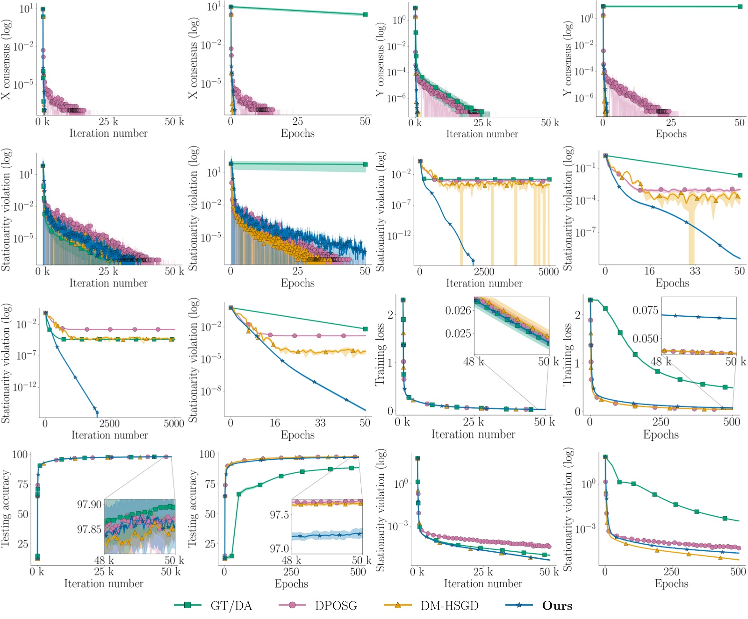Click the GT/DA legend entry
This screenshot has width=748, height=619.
click(230, 605)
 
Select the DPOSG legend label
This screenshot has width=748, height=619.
click(336, 605)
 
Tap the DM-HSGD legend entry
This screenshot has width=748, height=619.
click(449, 605)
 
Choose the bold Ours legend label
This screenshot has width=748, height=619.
click(557, 605)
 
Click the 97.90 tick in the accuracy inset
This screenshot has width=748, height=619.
click(89, 505)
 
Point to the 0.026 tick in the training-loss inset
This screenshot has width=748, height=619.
click(458, 311)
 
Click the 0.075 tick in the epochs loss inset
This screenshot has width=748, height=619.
click(645, 311)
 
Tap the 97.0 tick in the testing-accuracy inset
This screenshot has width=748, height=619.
click(279, 548)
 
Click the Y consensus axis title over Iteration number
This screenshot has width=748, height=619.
click(381, 59)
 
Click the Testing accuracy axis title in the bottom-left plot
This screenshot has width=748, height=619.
click(6, 508)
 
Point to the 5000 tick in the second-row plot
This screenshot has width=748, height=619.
click(548, 271)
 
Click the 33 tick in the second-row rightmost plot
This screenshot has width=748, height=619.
click(695, 271)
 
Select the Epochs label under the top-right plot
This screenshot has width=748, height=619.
click(671, 134)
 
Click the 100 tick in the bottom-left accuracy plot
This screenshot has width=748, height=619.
click(20, 455)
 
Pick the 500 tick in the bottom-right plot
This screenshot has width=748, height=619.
click(738, 571)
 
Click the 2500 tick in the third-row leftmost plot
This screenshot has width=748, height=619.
click(109, 424)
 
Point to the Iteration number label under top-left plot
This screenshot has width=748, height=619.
click(108, 134)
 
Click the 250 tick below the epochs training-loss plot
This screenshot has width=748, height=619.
click(660, 422)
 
